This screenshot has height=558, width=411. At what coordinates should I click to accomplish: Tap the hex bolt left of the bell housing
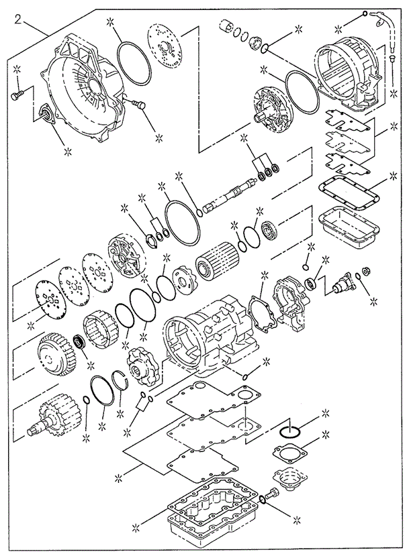tap(17, 97)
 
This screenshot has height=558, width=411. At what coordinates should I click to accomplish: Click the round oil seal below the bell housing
tap(45, 114)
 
